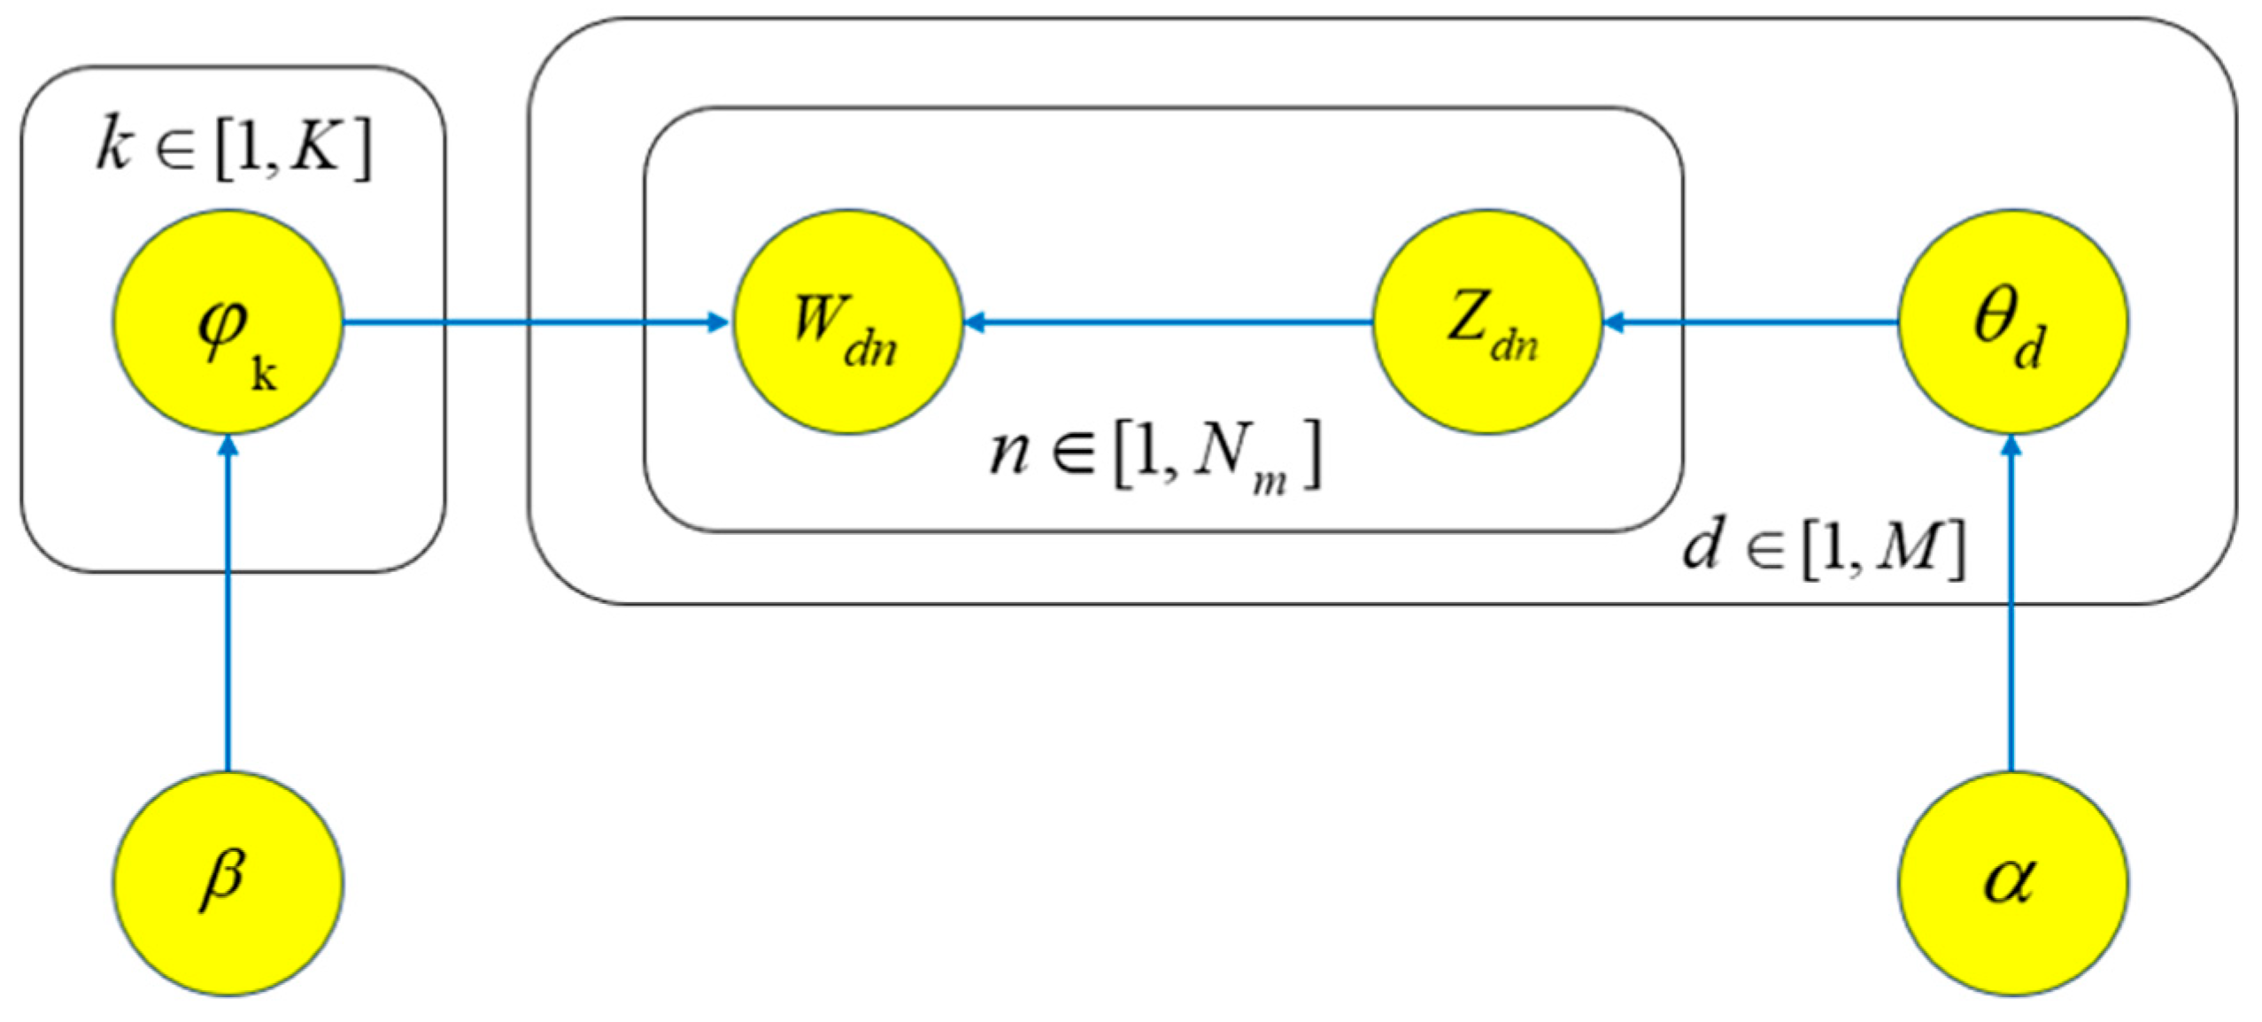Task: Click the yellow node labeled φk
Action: (228, 321)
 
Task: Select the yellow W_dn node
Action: (847, 321)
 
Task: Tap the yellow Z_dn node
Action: (1487, 321)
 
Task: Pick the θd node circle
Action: (2012, 321)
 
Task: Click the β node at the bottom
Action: (228, 882)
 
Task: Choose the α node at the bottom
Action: (2012, 882)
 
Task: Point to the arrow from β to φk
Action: (228, 602)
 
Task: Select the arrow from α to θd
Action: (2012, 602)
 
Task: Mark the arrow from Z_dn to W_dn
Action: (1169, 323)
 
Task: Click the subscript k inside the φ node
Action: (264, 374)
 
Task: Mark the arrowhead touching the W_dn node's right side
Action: (975, 323)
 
